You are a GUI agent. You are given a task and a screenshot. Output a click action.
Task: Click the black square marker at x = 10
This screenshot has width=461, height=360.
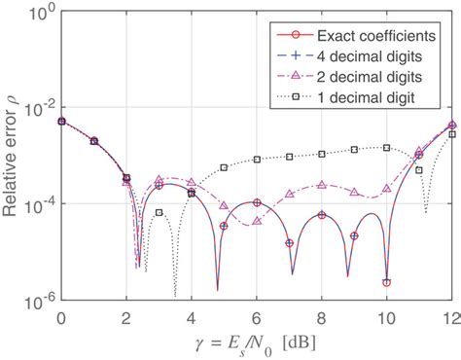386,147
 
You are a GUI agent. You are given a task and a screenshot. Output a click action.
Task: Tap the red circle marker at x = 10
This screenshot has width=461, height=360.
386,282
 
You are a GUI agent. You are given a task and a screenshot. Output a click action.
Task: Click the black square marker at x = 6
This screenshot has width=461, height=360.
257,160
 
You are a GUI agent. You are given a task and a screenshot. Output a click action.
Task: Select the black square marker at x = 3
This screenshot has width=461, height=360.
159,211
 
